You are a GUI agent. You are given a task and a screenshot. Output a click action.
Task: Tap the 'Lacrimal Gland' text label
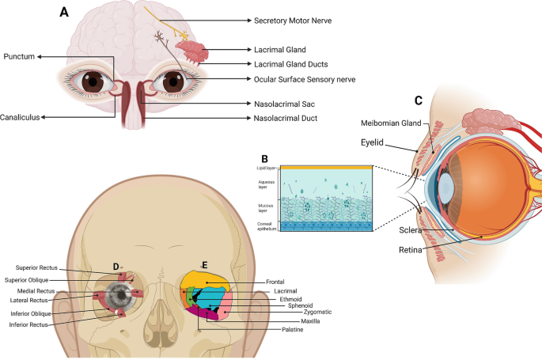coord(280,49)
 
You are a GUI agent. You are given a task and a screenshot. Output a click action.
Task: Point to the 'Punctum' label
coord(21,57)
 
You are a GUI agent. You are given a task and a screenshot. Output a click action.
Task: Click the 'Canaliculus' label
coord(21,117)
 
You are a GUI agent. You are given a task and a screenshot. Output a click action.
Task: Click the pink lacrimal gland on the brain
coord(192,51)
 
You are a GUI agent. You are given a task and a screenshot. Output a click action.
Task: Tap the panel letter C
coord(419,100)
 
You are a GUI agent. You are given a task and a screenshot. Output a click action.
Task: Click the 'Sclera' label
coord(411,231)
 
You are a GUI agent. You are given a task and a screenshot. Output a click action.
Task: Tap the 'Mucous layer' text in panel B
coord(267,207)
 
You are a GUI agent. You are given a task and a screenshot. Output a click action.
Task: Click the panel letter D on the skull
coord(117,266)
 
